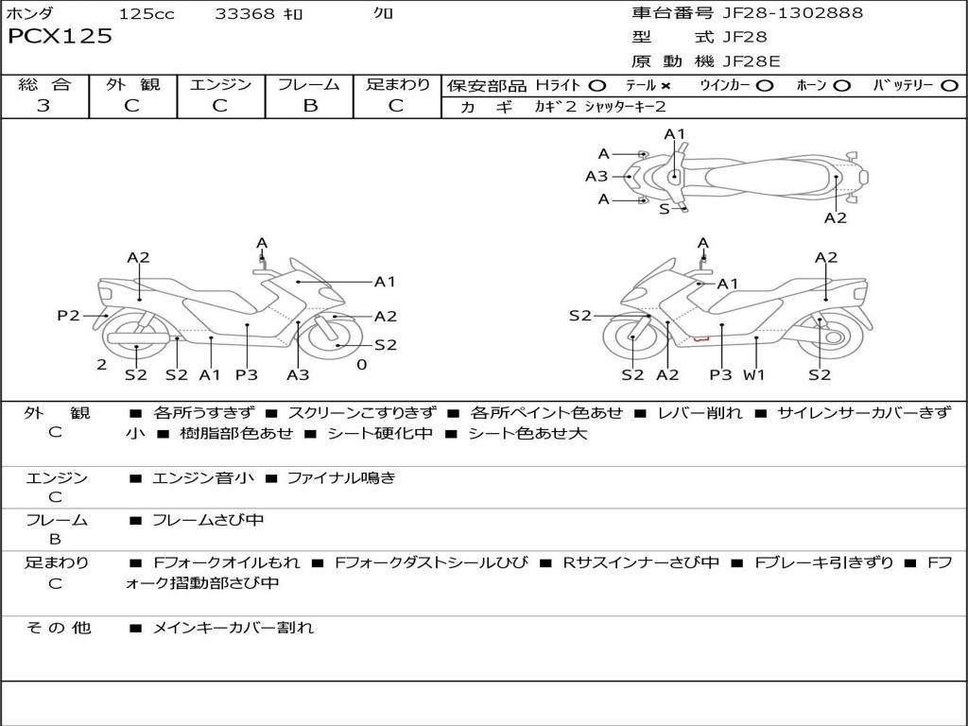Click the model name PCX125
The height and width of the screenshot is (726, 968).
click(60, 37)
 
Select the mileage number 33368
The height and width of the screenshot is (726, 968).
click(245, 13)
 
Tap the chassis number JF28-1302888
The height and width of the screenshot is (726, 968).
click(792, 13)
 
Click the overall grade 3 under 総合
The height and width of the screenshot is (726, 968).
click(43, 106)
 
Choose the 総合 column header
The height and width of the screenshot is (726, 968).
click(44, 84)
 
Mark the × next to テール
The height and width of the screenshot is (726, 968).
click(665, 85)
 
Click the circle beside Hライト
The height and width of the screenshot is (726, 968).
click(597, 85)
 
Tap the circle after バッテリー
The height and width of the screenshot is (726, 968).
click(949, 85)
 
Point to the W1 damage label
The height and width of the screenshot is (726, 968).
click(753, 374)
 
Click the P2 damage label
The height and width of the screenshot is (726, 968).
click(68, 316)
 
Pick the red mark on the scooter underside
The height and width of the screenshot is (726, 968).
click(700, 337)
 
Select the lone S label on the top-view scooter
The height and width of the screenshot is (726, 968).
click(664, 209)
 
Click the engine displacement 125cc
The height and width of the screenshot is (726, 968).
click(147, 13)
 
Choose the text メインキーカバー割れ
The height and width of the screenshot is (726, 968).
click(233, 628)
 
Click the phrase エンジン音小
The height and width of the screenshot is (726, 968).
click(202, 478)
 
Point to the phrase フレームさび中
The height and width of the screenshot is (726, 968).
click(208, 520)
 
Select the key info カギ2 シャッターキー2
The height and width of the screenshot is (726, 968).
click(600, 107)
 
